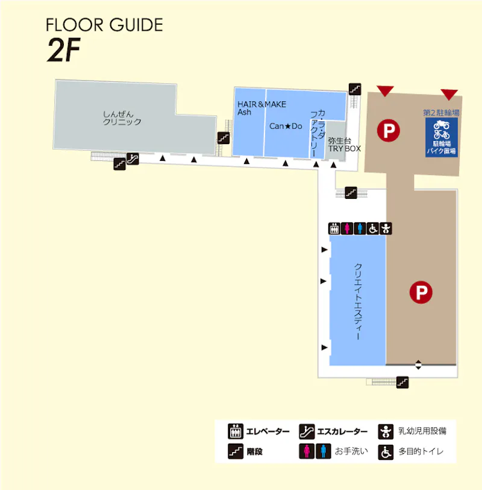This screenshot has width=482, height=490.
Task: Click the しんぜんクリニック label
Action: [x=122, y=118]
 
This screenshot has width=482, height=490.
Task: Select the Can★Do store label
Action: [x=286, y=126]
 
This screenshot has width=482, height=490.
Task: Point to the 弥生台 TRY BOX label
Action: [x=344, y=145]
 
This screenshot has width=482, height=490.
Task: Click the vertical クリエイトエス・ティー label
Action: [x=358, y=301]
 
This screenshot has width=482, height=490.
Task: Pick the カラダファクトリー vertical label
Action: [x=318, y=133]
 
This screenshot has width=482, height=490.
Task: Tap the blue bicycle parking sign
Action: [x=442, y=137]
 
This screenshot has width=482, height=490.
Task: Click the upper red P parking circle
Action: [x=388, y=130]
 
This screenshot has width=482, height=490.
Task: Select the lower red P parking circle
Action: [x=421, y=292]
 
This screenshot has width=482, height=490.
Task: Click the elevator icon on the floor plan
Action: [x=334, y=228]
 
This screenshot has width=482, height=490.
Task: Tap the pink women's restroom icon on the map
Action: [x=347, y=228]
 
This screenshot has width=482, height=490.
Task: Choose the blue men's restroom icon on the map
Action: [x=360, y=228]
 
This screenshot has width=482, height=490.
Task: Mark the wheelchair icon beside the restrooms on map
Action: [x=373, y=228]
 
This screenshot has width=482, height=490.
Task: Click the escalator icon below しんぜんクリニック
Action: [x=133, y=159]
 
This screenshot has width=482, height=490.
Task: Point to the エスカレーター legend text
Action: [x=342, y=432]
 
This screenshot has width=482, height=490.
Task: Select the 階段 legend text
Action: [x=255, y=451]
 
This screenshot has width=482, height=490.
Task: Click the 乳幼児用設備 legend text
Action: [x=422, y=431]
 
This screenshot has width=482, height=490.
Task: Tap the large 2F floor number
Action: [x=64, y=49]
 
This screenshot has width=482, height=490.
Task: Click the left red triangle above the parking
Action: [x=385, y=90]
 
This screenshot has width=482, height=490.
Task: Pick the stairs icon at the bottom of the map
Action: [x=402, y=382]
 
